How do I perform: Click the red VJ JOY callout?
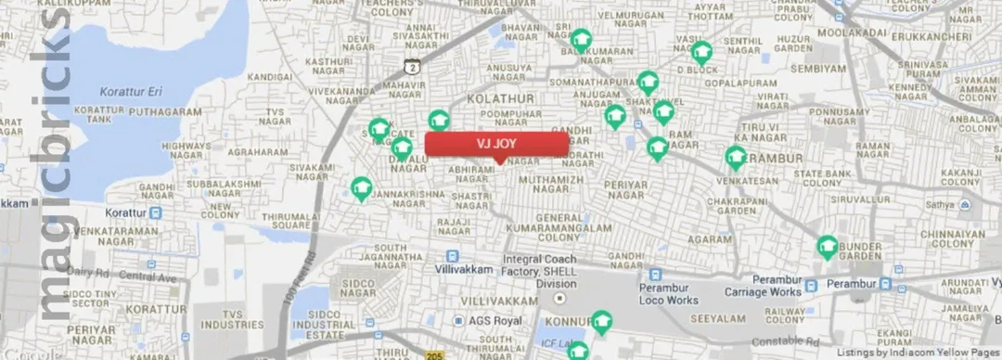click(x=496, y=144)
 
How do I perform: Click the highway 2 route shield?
click(x=413, y=65)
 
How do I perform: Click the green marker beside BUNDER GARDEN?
click(x=827, y=247)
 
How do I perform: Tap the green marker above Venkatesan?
click(x=736, y=158)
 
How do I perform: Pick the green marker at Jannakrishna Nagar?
click(x=362, y=188)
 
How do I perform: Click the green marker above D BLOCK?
click(x=700, y=51)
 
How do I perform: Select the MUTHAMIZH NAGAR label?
click(x=559, y=185)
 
